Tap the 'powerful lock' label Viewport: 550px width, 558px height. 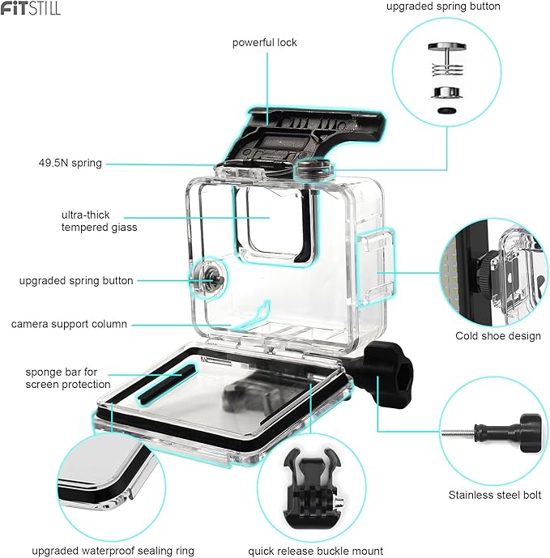264,42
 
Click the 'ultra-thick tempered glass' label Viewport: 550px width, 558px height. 99,221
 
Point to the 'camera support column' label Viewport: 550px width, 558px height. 69,324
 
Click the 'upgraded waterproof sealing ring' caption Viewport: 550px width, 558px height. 113,551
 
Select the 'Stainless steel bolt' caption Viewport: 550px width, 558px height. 494,495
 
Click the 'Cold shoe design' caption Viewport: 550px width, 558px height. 497,335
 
